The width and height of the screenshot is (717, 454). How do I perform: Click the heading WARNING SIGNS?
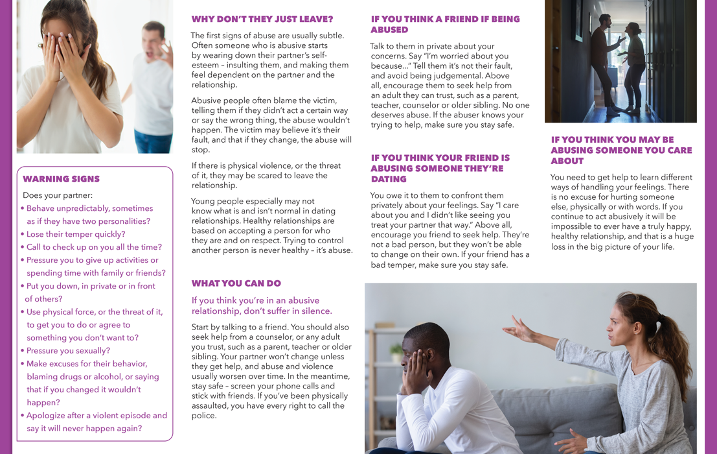[62, 179]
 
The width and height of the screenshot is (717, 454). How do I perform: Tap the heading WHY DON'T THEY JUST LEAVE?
[262, 19]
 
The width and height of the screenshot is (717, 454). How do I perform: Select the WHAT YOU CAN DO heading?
[236, 283]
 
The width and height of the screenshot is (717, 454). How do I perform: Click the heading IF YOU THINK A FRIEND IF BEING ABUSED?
[445, 25]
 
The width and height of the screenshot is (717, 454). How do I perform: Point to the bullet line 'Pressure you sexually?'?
[68, 351]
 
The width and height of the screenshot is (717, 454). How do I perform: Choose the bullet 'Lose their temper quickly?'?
[76, 234]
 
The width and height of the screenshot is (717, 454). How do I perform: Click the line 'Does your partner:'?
[58, 195]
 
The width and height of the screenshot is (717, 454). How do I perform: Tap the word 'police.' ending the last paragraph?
[204, 416]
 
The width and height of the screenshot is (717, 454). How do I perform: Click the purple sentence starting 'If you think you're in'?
[262, 305]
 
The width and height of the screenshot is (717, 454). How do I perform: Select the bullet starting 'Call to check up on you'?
[94, 247]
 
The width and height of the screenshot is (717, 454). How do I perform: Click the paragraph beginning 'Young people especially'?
[272, 226]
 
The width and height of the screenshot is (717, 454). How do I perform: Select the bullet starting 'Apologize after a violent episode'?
[97, 422]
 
